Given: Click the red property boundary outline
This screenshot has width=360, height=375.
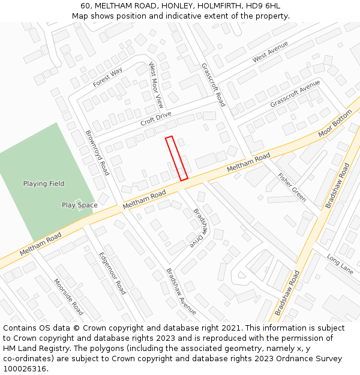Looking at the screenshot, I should point(177,158).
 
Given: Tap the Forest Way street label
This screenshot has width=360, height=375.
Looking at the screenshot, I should point(108,77).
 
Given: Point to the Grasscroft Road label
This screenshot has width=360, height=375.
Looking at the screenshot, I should point(213,85).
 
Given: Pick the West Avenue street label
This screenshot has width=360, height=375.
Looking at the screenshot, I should point(270,52).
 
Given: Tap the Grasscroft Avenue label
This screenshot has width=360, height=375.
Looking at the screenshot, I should point(295,95).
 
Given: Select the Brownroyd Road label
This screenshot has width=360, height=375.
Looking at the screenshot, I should point(97,152).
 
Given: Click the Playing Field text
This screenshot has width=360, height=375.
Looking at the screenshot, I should point(44,184).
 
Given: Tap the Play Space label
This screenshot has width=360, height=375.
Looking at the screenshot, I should point(79,205).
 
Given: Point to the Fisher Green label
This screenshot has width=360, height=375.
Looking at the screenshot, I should point(292,187).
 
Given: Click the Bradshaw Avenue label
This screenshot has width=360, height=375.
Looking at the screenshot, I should point(181,291).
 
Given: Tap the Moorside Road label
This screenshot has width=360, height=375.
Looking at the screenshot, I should point(68,296).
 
